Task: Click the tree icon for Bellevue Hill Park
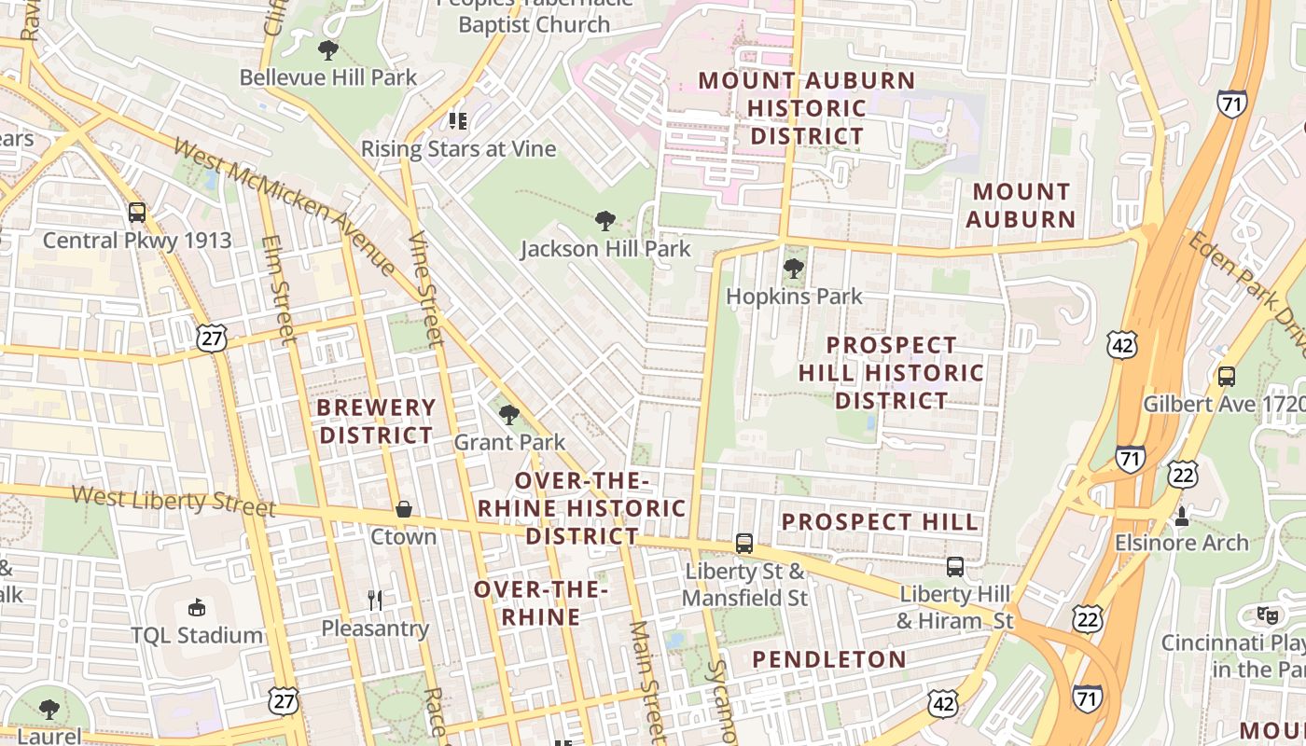pyautogui.click(x=327, y=49)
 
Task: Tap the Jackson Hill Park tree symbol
pyautogui.click(x=605, y=221)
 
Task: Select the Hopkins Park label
pyautogui.click(x=794, y=297)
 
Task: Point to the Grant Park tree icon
pyautogui.click(x=509, y=414)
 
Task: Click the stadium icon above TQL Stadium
pyautogui.click(x=196, y=608)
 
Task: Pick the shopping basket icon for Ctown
pyautogui.click(x=404, y=509)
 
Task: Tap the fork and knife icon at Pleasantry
pyautogui.click(x=375, y=600)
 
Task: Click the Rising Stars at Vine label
pyautogui.click(x=458, y=149)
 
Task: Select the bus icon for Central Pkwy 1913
pyautogui.click(x=137, y=213)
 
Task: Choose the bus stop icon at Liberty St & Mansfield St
pyautogui.click(x=744, y=543)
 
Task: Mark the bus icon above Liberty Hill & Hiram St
pyautogui.click(x=955, y=566)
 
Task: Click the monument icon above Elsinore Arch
pyautogui.click(x=1182, y=515)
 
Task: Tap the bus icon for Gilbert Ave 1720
pyautogui.click(x=1227, y=377)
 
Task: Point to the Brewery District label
pyautogui.click(x=376, y=421)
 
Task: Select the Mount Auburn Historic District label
pyautogui.click(x=807, y=108)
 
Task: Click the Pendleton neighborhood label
pyautogui.click(x=829, y=659)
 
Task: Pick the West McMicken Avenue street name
pyautogui.click(x=285, y=206)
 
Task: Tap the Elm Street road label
pyautogui.click(x=278, y=289)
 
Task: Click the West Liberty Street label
pyautogui.click(x=174, y=500)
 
